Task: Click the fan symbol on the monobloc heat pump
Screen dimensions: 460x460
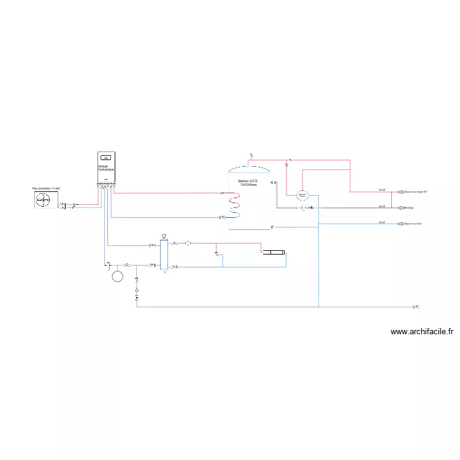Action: (44, 199)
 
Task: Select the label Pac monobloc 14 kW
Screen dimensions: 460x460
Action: (47, 188)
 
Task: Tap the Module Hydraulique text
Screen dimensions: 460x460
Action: (106, 167)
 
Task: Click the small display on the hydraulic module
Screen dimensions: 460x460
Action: (105, 157)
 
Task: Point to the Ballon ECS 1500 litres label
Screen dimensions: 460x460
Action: (248, 182)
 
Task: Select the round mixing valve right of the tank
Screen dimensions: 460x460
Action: (301, 195)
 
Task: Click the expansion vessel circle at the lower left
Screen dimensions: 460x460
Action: (117, 276)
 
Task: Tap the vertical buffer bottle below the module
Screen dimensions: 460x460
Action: (164, 255)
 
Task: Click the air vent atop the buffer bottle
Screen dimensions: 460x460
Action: (164, 236)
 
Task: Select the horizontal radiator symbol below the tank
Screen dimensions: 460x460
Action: (273, 251)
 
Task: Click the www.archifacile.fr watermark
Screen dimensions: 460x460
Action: (422, 332)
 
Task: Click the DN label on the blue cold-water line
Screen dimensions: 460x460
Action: (381, 222)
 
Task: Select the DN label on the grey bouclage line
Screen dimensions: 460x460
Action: (381, 206)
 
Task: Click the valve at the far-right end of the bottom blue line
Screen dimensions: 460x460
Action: (416, 306)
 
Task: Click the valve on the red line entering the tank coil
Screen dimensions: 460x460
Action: (223, 193)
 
